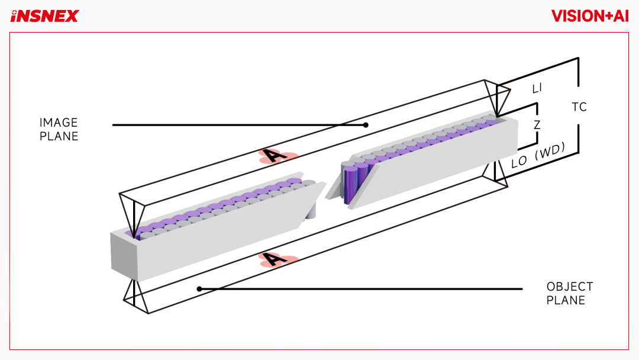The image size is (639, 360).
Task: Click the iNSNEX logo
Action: (44, 17)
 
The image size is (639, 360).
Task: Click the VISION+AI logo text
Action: (590, 16)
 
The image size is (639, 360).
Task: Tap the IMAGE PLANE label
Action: (59, 129)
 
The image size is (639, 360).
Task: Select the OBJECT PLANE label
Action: (570, 293)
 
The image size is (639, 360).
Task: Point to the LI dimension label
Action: (537, 88)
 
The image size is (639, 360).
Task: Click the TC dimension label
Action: (579, 107)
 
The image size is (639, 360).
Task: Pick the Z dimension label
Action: (537, 125)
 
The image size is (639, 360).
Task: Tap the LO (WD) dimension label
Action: (538, 155)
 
